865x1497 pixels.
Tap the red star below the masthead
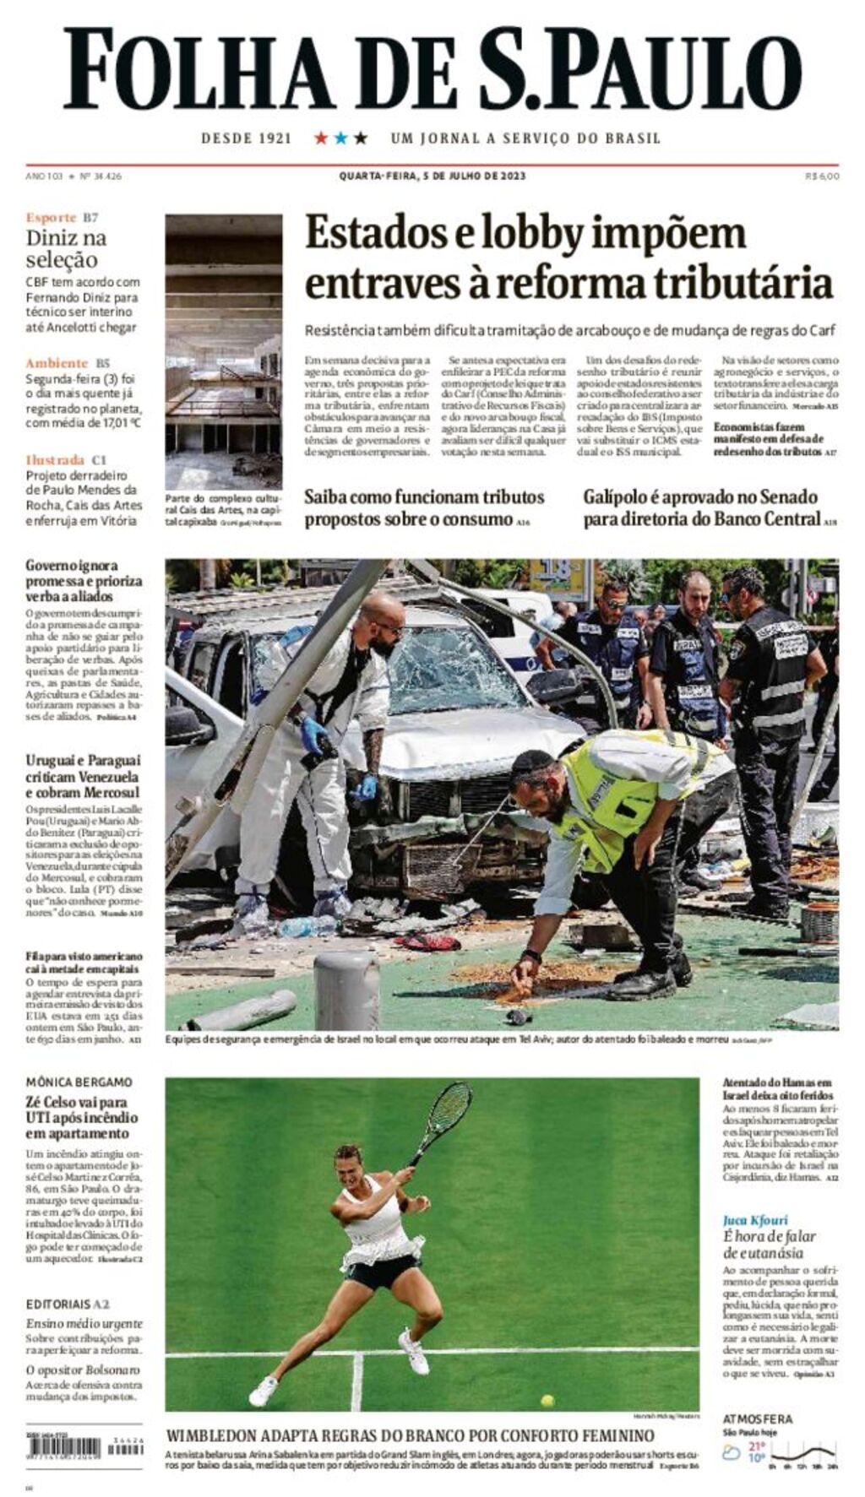pos(321,138)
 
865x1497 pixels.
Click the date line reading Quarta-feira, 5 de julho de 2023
pos(432,176)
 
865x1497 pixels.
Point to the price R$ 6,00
pos(822,176)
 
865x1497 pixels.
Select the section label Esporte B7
pos(62,218)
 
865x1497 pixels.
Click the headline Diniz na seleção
pos(66,248)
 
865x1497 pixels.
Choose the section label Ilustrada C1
pos(66,459)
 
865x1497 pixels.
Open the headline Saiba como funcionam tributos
pos(424,508)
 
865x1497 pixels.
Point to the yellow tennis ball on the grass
pos(547,1401)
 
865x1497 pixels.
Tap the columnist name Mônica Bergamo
pos(79,1082)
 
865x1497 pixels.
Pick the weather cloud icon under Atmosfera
pos(732,1453)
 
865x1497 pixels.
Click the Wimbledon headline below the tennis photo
pos(410,1435)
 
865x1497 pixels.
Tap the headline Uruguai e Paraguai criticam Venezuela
pos(83,776)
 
